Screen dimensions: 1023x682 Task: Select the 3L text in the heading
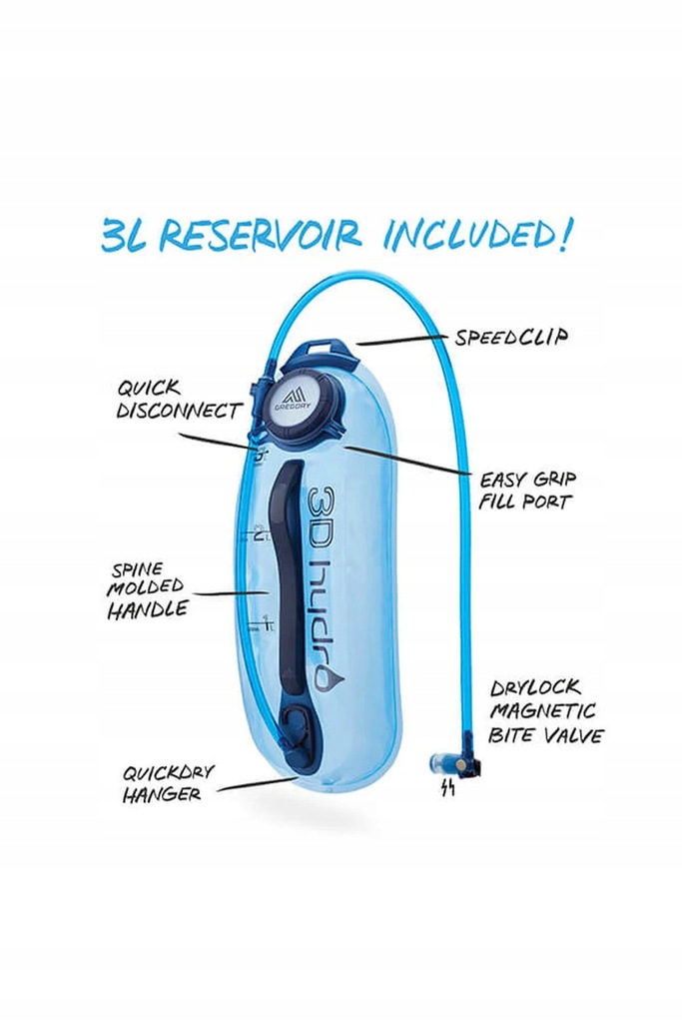[124, 235]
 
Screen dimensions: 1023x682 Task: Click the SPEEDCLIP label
[511, 337]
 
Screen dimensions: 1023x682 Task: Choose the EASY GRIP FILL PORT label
[527, 490]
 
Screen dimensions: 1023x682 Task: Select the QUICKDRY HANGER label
[168, 783]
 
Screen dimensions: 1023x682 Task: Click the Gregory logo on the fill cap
[296, 399]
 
